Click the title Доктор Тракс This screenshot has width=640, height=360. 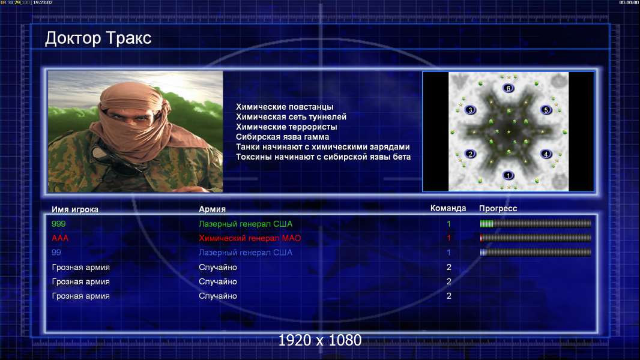98,38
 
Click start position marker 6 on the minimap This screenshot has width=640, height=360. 508,88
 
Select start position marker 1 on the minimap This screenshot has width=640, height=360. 508,175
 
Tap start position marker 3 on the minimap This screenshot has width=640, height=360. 470,110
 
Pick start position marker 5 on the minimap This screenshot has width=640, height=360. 546,110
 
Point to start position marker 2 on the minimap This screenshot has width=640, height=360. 470,154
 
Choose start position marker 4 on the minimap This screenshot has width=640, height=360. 546,154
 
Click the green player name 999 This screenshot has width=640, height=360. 58,224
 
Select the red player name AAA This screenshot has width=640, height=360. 59,238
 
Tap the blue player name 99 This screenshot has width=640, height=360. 56,253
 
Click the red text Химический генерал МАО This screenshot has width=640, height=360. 250,238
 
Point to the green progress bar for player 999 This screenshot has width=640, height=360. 536,223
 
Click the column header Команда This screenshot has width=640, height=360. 448,208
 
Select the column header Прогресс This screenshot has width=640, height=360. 498,209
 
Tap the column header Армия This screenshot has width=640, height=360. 213,209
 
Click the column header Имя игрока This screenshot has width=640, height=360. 74,209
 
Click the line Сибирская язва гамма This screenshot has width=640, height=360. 282,137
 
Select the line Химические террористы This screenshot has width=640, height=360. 286,127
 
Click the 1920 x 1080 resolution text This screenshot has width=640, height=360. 320,340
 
